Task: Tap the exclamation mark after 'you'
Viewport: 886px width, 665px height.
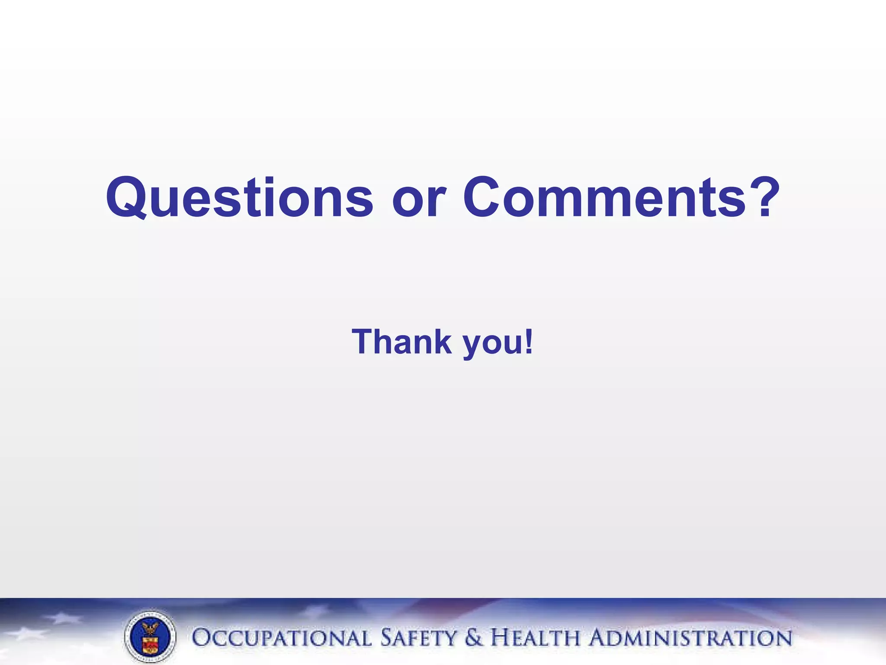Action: tap(528, 342)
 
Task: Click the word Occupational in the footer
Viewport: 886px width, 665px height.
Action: tap(281, 638)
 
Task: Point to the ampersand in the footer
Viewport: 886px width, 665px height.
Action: tap(474, 638)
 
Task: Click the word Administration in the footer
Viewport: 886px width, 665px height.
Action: tap(691, 638)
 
